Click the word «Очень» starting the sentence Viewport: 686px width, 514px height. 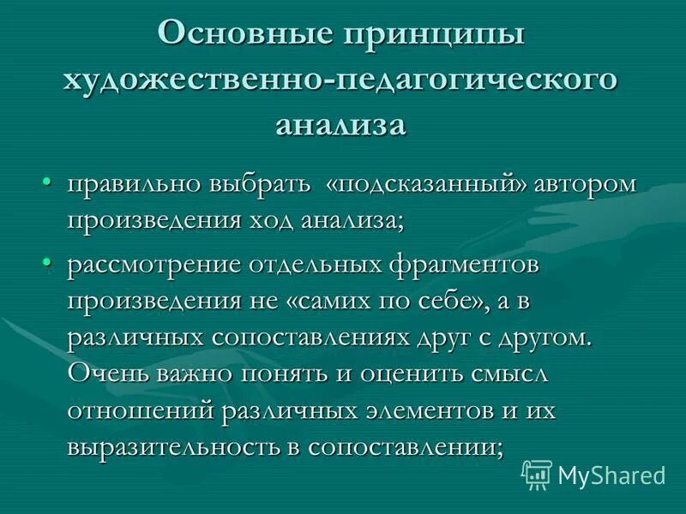coord(106,374)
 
